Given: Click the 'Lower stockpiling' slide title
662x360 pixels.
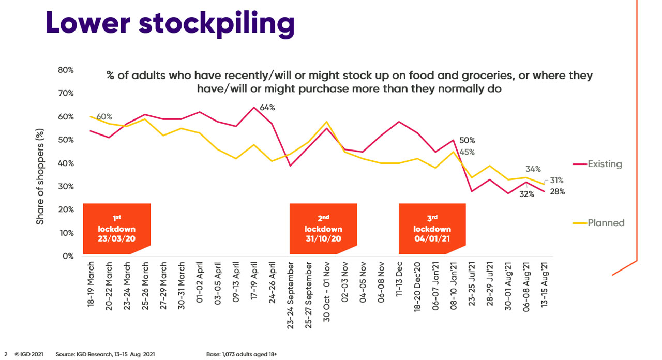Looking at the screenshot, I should click(170, 24).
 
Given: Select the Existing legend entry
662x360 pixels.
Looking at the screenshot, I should click(604, 164).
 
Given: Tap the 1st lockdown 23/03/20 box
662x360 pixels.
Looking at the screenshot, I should click(117, 229).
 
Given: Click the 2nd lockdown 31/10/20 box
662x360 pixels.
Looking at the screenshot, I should click(323, 229).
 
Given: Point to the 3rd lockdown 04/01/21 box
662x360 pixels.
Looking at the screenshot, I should click(432, 229).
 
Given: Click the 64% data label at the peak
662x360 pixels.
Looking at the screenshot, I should click(267, 108).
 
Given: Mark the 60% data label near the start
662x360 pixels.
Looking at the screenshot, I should click(103, 116).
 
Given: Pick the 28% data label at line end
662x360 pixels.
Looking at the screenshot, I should click(557, 191).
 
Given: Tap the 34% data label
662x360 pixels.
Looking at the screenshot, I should click(533, 169).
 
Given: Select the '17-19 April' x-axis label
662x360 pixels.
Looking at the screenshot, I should click(254, 284).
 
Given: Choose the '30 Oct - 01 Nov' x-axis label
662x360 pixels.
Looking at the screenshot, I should click(326, 293).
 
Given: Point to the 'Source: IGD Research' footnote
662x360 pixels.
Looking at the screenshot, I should click(105, 355).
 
